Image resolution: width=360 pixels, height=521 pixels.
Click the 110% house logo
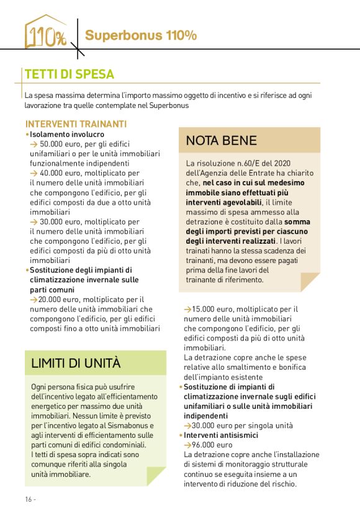coord(45,33)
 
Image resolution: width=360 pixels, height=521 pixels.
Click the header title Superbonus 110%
coord(141,35)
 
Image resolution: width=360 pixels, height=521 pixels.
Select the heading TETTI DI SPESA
coord(69,74)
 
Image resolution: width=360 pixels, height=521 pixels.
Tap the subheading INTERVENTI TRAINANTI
coord(76,123)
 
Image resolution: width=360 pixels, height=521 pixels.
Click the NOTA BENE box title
coord(221,141)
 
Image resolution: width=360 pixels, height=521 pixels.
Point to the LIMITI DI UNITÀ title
coord(76,363)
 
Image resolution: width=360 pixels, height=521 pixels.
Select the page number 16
coord(29,499)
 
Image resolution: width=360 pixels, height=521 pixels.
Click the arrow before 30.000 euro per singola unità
coord(187,426)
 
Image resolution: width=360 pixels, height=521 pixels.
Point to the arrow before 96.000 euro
coord(187,445)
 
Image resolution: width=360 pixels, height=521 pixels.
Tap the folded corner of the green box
coord(156,476)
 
